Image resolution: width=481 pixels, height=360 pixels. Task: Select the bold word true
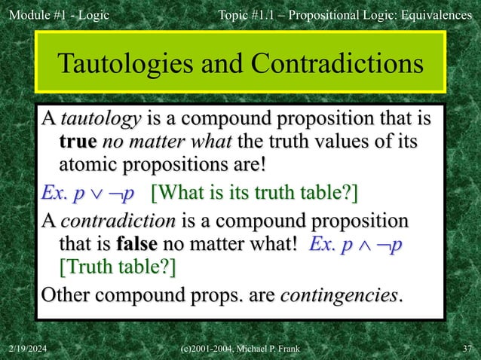[78, 142]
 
